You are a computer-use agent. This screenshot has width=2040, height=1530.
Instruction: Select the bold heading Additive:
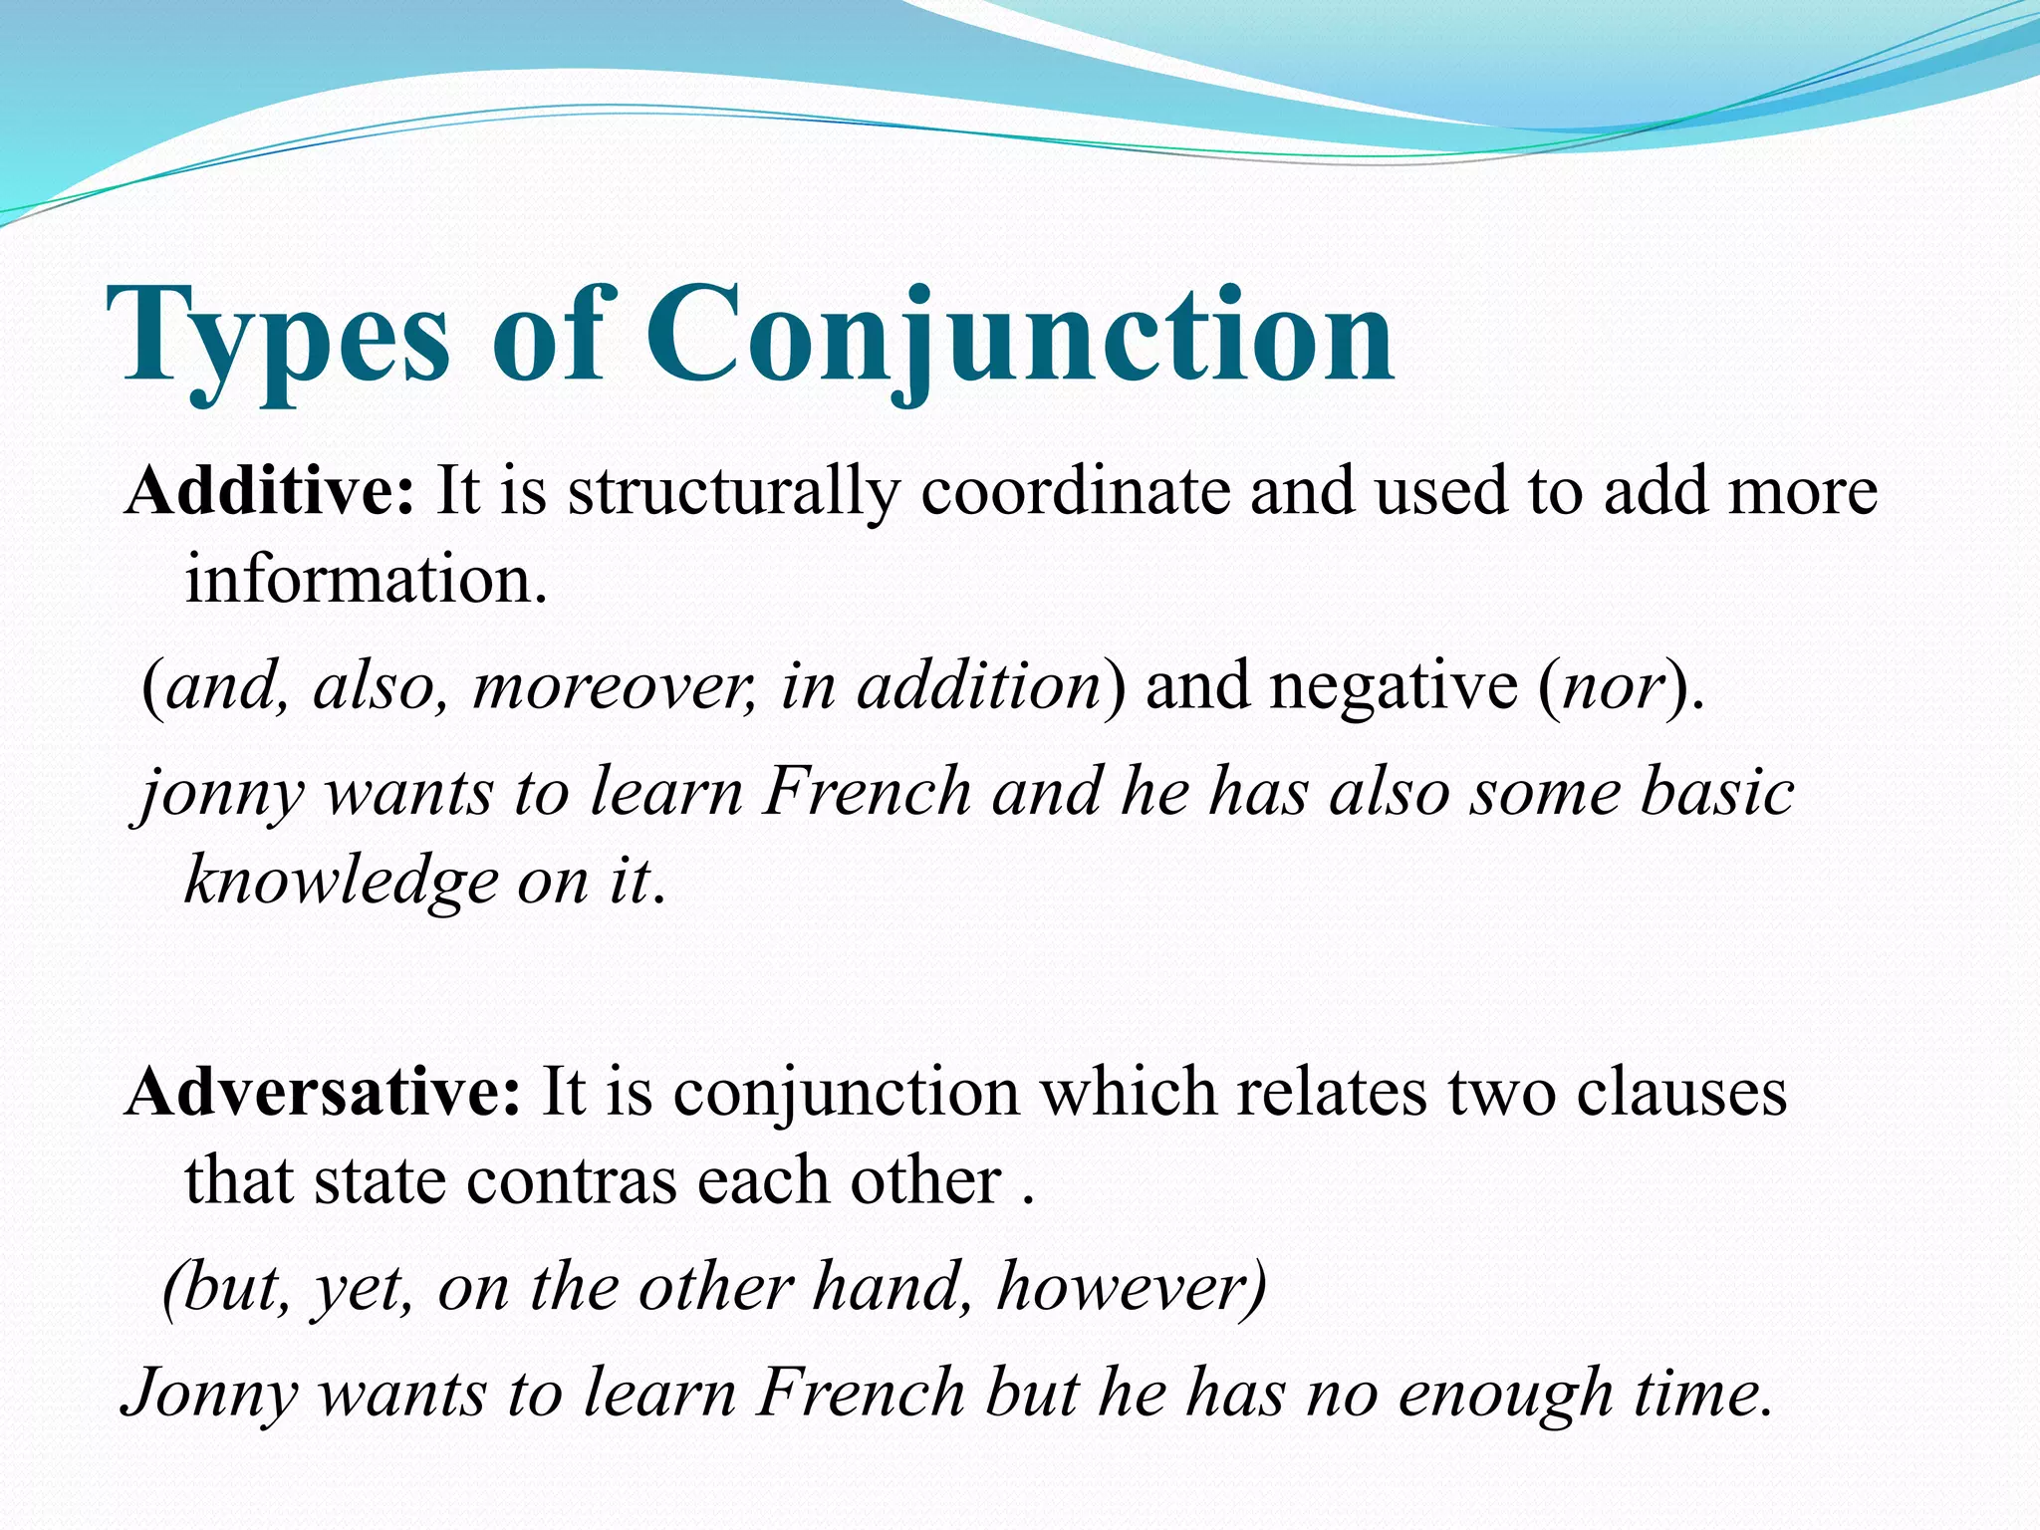coord(269,491)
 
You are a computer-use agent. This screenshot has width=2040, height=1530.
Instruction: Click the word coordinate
coord(1075,491)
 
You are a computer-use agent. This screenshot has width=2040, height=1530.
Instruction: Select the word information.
coord(366,580)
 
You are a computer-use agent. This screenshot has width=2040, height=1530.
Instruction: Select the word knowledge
coord(341,882)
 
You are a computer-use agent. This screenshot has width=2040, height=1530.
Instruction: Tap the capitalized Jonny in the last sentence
coord(210,1393)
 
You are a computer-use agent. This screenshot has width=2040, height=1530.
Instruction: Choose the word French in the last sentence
coord(862,1393)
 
